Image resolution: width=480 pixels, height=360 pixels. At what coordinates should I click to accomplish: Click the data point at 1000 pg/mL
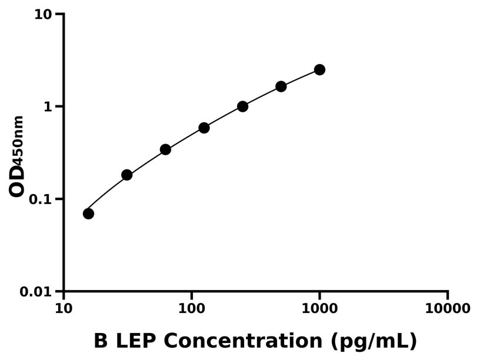pos(319,69)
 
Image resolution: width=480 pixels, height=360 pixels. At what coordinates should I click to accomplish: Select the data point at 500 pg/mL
pos(281,86)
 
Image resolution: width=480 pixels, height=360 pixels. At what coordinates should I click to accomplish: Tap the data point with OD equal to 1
pos(242,106)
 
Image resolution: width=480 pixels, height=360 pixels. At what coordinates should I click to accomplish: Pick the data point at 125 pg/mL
pos(204,128)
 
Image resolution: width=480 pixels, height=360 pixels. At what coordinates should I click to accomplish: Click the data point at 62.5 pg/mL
pos(165,149)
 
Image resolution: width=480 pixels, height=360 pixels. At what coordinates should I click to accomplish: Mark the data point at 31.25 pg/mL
pos(126,175)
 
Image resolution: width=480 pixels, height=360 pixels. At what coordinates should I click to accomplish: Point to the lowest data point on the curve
pos(88,214)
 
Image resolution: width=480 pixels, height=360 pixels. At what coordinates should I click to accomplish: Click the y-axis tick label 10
pos(43,14)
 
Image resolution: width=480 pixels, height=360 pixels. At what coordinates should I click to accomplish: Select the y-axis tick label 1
pos(48,106)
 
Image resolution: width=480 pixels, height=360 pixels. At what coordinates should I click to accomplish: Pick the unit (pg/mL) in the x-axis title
pos(374,341)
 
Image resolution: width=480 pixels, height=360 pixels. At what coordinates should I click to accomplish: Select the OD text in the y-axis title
pos(18,179)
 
